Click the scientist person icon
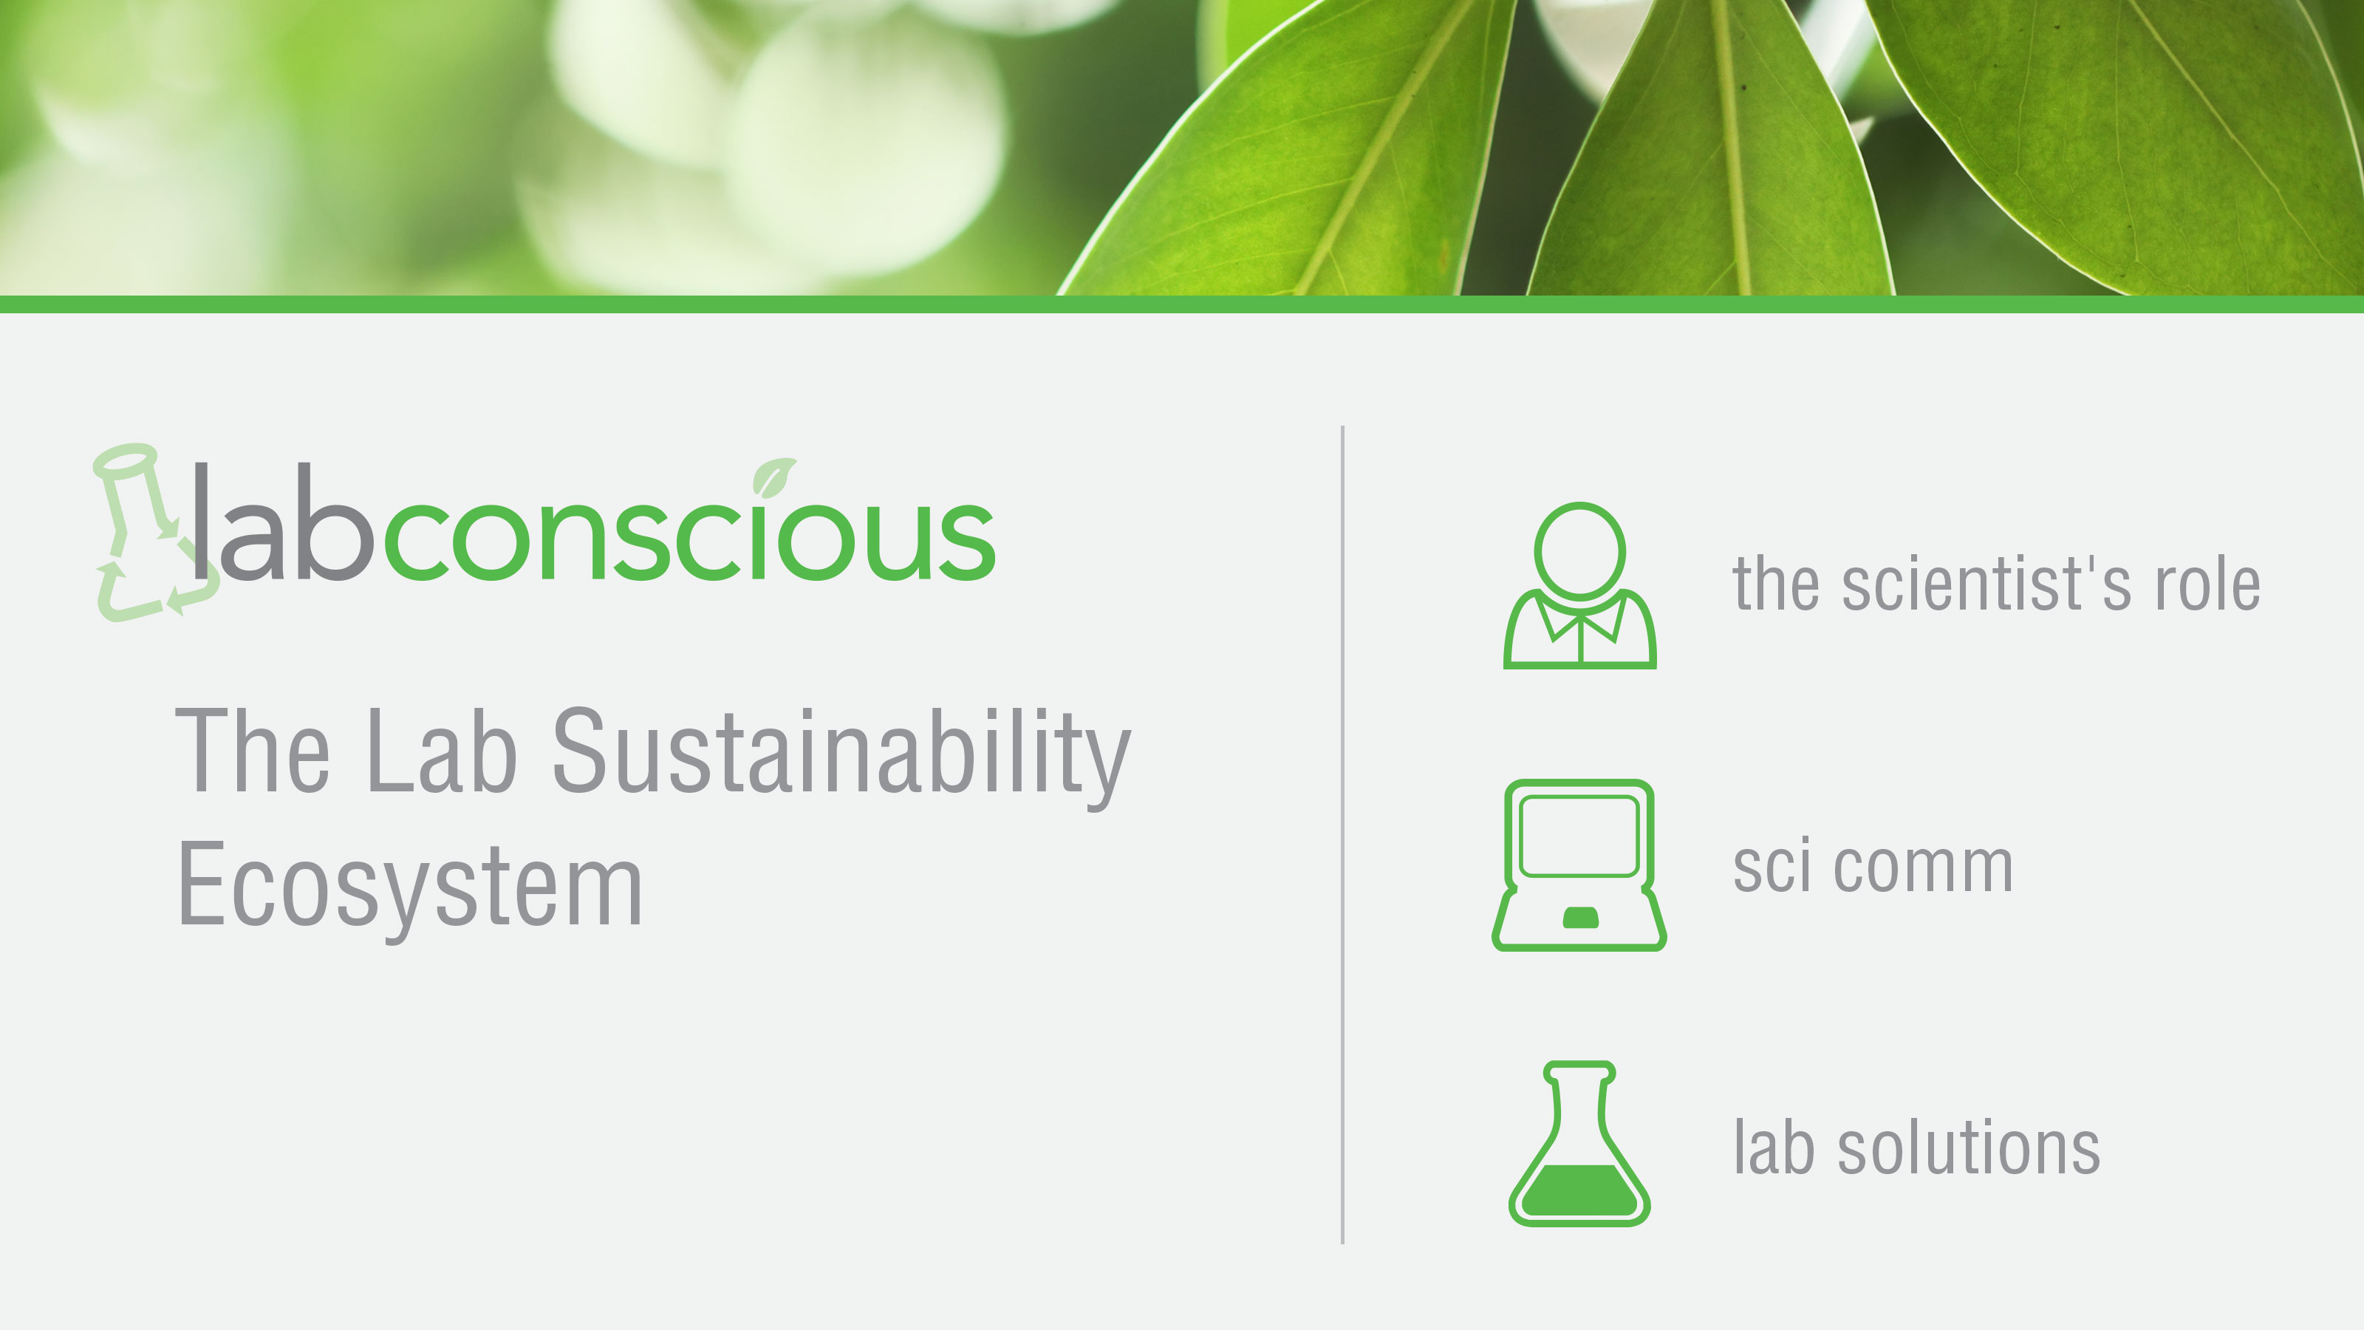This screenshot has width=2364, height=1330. coord(1579,587)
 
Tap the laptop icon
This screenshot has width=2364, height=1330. coord(1579,864)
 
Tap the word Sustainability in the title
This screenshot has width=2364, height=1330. coord(841,753)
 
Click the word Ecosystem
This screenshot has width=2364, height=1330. coord(409,886)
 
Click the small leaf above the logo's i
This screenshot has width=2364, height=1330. coord(773,475)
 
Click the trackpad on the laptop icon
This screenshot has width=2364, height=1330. coord(1579,917)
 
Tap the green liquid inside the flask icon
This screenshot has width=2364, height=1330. coord(1579,1190)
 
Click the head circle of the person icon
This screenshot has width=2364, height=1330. coord(1579,550)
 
